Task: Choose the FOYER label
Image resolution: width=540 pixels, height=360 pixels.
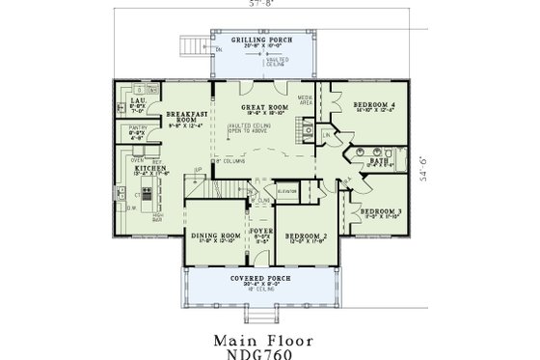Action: (x=259, y=231)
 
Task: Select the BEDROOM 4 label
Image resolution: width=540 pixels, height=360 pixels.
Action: (x=371, y=102)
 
